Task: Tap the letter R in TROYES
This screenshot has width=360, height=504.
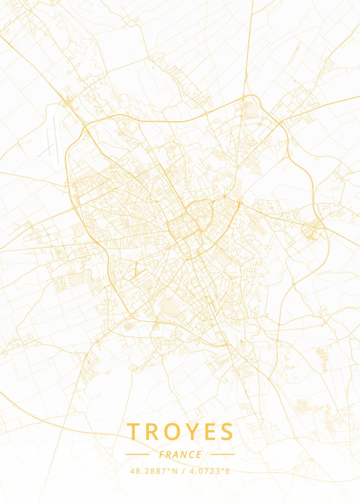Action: click(x=154, y=432)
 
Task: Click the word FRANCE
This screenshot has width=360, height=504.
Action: click(x=180, y=454)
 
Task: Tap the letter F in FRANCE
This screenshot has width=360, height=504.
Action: click(x=162, y=454)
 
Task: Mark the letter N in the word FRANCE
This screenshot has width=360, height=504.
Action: click(x=184, y=454)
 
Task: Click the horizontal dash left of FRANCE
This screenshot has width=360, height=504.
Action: click(x=137, y=454)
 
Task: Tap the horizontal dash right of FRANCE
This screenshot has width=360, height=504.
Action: click(x=222, y=454)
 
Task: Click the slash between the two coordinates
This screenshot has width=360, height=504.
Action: click(x=183, y=471)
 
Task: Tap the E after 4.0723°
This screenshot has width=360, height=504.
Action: click(x=228, y=471)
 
